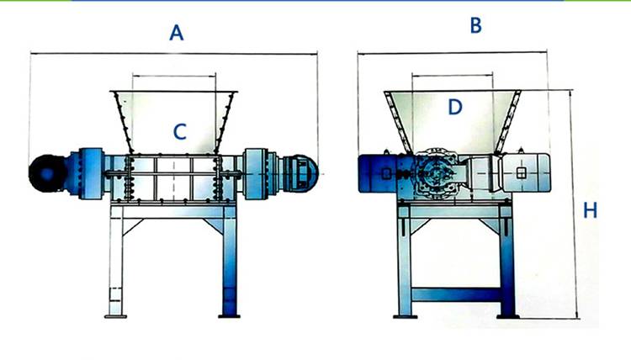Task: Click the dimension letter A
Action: tap(176, 33)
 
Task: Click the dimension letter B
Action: tap(475, 26)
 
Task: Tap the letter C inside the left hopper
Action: tap(179, 131)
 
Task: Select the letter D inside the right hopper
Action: tap(455, 107)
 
